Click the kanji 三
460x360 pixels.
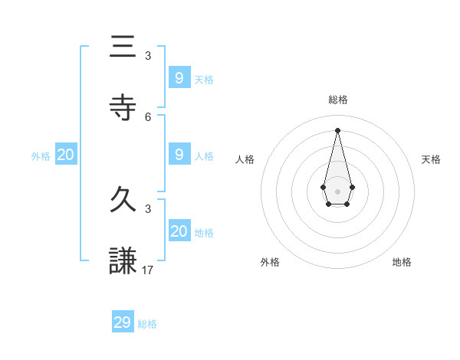coord(123,47)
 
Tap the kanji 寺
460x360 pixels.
coord(123,108)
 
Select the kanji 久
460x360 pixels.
coord(123,200)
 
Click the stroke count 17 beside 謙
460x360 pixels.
coord(148,270)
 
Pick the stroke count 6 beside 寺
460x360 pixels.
coord(148,116)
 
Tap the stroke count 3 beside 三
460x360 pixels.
coord(148,55)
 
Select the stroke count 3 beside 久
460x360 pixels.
coord(148,208)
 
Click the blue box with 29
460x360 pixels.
coord(123,322)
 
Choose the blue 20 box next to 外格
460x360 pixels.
coord(66,155)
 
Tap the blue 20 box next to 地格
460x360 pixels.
coord(179,231)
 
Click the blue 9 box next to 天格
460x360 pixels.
coord(179,78)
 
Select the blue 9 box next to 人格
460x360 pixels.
coord(179,155)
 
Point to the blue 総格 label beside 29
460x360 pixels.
coord(147,324)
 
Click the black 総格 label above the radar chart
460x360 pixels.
coord(337,100)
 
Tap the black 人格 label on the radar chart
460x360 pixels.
coord(245,159)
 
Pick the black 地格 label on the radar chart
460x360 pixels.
coord(402,262)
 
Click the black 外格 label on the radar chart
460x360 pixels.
coord(270,262)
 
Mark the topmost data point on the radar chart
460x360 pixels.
coord(337,129)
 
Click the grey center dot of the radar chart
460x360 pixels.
coord(337,191)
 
